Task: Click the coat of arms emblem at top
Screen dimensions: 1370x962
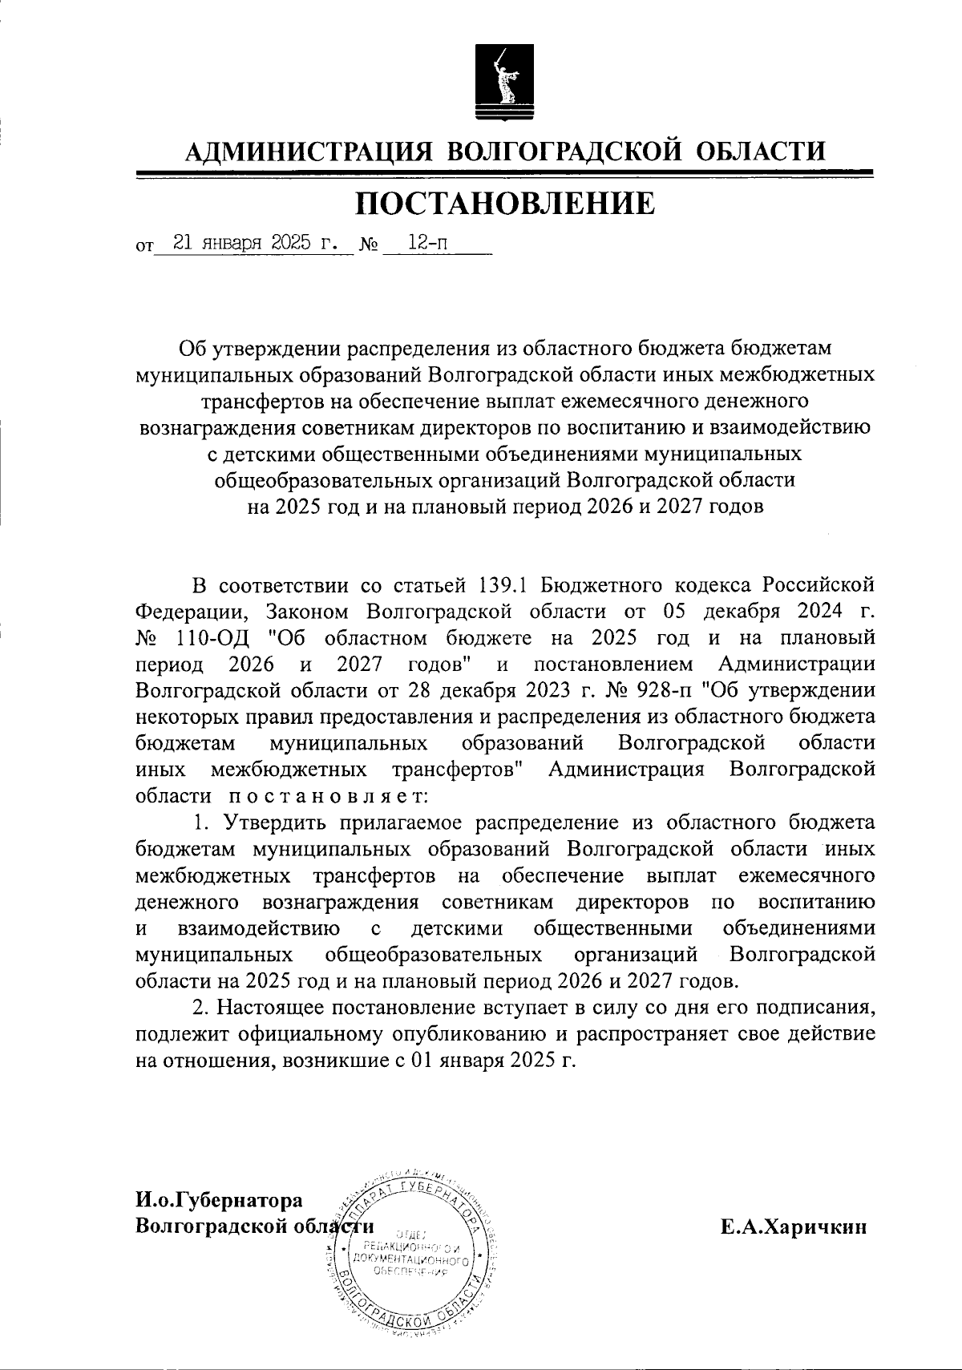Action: [496, 80]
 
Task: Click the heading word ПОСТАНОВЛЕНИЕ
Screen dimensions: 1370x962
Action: [505, 204]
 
